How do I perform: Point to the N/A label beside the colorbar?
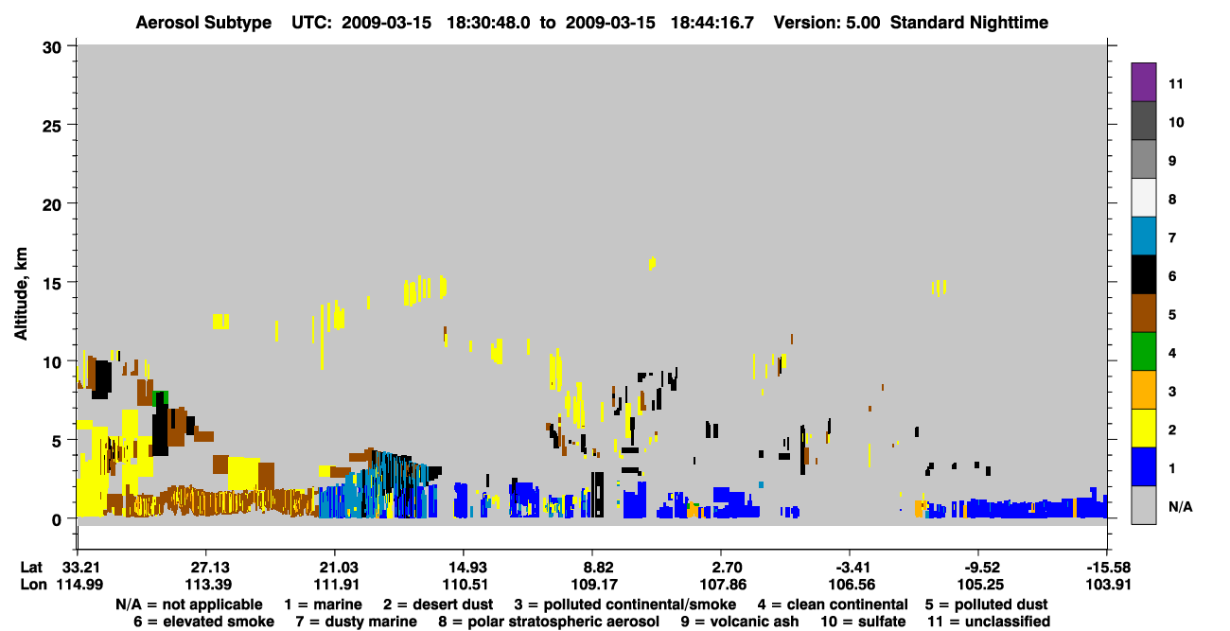tap(1180, 507)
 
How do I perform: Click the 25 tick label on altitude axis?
tap(52, 126)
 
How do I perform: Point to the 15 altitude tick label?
tap(52, 284)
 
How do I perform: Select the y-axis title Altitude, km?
tap(21, 294)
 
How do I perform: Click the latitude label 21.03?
tap(336, 568)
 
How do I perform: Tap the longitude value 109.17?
tap(594, 585)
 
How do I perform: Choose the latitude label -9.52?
tap(980, 568)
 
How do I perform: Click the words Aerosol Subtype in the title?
tap(203, 23)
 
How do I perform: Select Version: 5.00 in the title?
tap(827, 23)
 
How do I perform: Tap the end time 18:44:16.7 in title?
tap(712, 23)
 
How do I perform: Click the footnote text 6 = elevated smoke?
tap(203, 622)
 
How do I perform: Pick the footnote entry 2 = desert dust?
tap(438, 605)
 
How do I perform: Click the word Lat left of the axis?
tap(31, 568)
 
